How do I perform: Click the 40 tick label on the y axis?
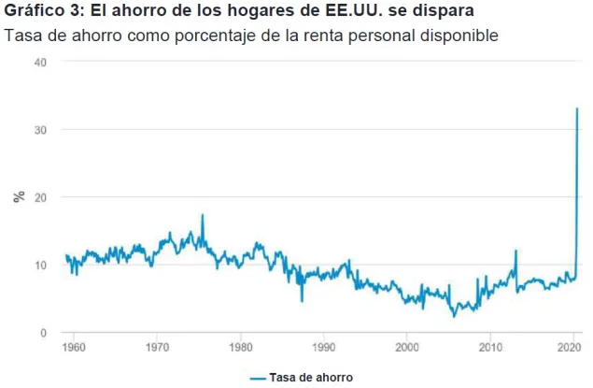click(40, 63)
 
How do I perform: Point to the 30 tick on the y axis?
click(40, 130)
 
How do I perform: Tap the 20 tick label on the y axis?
click(40, 197)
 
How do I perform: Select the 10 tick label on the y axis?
click(40, 266)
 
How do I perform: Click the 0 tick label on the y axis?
click(44, 333)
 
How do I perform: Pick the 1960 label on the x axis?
click(74, 347)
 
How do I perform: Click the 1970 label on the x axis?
click(157, 347)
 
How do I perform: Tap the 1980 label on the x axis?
click(241, 347)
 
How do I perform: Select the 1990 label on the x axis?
click(324, 347)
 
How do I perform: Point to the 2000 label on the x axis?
click(407, 347)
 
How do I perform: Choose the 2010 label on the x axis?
click(490, 347)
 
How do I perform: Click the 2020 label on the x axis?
click(569, 347)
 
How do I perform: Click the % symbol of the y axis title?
click(19, 197)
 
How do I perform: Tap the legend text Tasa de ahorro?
click(311, 378)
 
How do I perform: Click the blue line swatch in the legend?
click(258, 378)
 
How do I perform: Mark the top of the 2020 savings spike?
click(577, 108)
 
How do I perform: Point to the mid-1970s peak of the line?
click(203, 215)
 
